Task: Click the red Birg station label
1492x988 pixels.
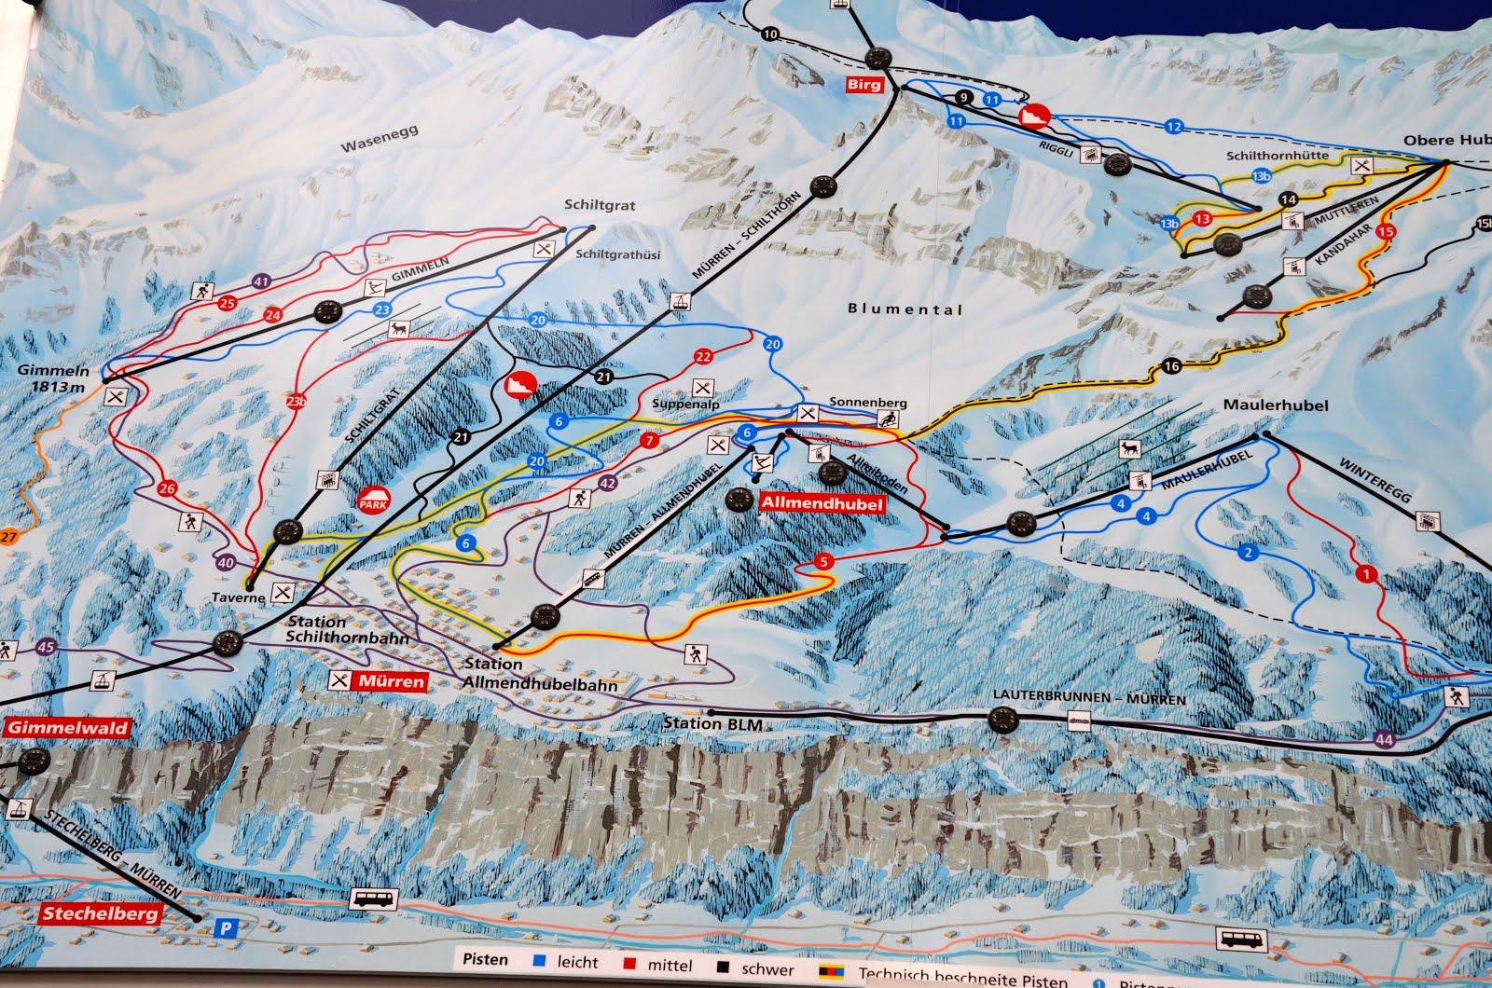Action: point(863,85)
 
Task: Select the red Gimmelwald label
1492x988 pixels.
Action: point(69,728)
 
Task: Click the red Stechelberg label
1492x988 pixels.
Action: point(100,913)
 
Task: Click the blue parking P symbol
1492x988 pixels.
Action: point(225,927)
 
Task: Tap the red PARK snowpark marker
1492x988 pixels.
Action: point(373,501)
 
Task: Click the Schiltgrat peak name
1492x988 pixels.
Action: point(599,205)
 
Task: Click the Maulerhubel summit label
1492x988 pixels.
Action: point(1276,405)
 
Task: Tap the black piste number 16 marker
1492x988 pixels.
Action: point(1171,366)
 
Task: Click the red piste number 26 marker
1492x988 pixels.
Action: point(167,488)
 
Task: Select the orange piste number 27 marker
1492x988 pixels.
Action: point(8,536)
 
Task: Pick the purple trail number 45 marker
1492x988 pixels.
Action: point(47,648)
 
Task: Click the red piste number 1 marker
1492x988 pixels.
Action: point(1367,574)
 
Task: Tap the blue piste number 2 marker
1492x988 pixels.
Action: point(1249,553)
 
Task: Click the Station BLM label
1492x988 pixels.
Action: point(712,723)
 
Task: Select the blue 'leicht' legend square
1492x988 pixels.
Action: point(539,960)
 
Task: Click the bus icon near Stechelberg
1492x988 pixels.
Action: point(374,899)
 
